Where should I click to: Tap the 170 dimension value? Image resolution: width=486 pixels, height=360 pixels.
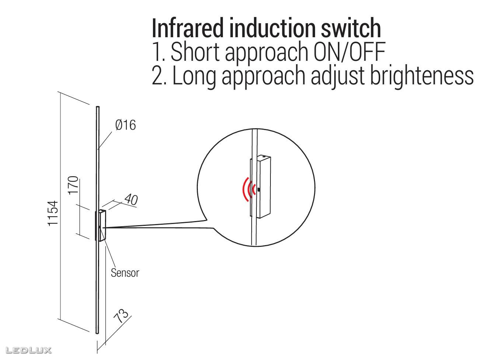[73, 185]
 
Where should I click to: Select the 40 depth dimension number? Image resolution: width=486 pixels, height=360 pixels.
[131, 199]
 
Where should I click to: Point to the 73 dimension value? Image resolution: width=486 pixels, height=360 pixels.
[121, 315]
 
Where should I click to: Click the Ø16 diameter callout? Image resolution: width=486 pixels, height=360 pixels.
[125, 125]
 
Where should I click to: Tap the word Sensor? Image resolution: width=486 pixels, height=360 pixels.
[125, 273]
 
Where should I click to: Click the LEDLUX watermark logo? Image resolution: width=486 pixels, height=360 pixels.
[28, 350]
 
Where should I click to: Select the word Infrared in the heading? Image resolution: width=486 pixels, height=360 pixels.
[187, 28]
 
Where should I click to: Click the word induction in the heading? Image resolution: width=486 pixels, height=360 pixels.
[272, 28]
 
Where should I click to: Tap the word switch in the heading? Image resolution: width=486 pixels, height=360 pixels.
[351, 28]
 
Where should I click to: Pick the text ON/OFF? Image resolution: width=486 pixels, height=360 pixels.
[350, 52]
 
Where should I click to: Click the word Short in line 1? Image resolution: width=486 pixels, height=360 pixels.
[195, 52]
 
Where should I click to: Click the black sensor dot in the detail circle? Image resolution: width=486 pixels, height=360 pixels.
[259, 189]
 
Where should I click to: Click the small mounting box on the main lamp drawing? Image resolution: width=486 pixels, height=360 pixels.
[102, 226]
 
